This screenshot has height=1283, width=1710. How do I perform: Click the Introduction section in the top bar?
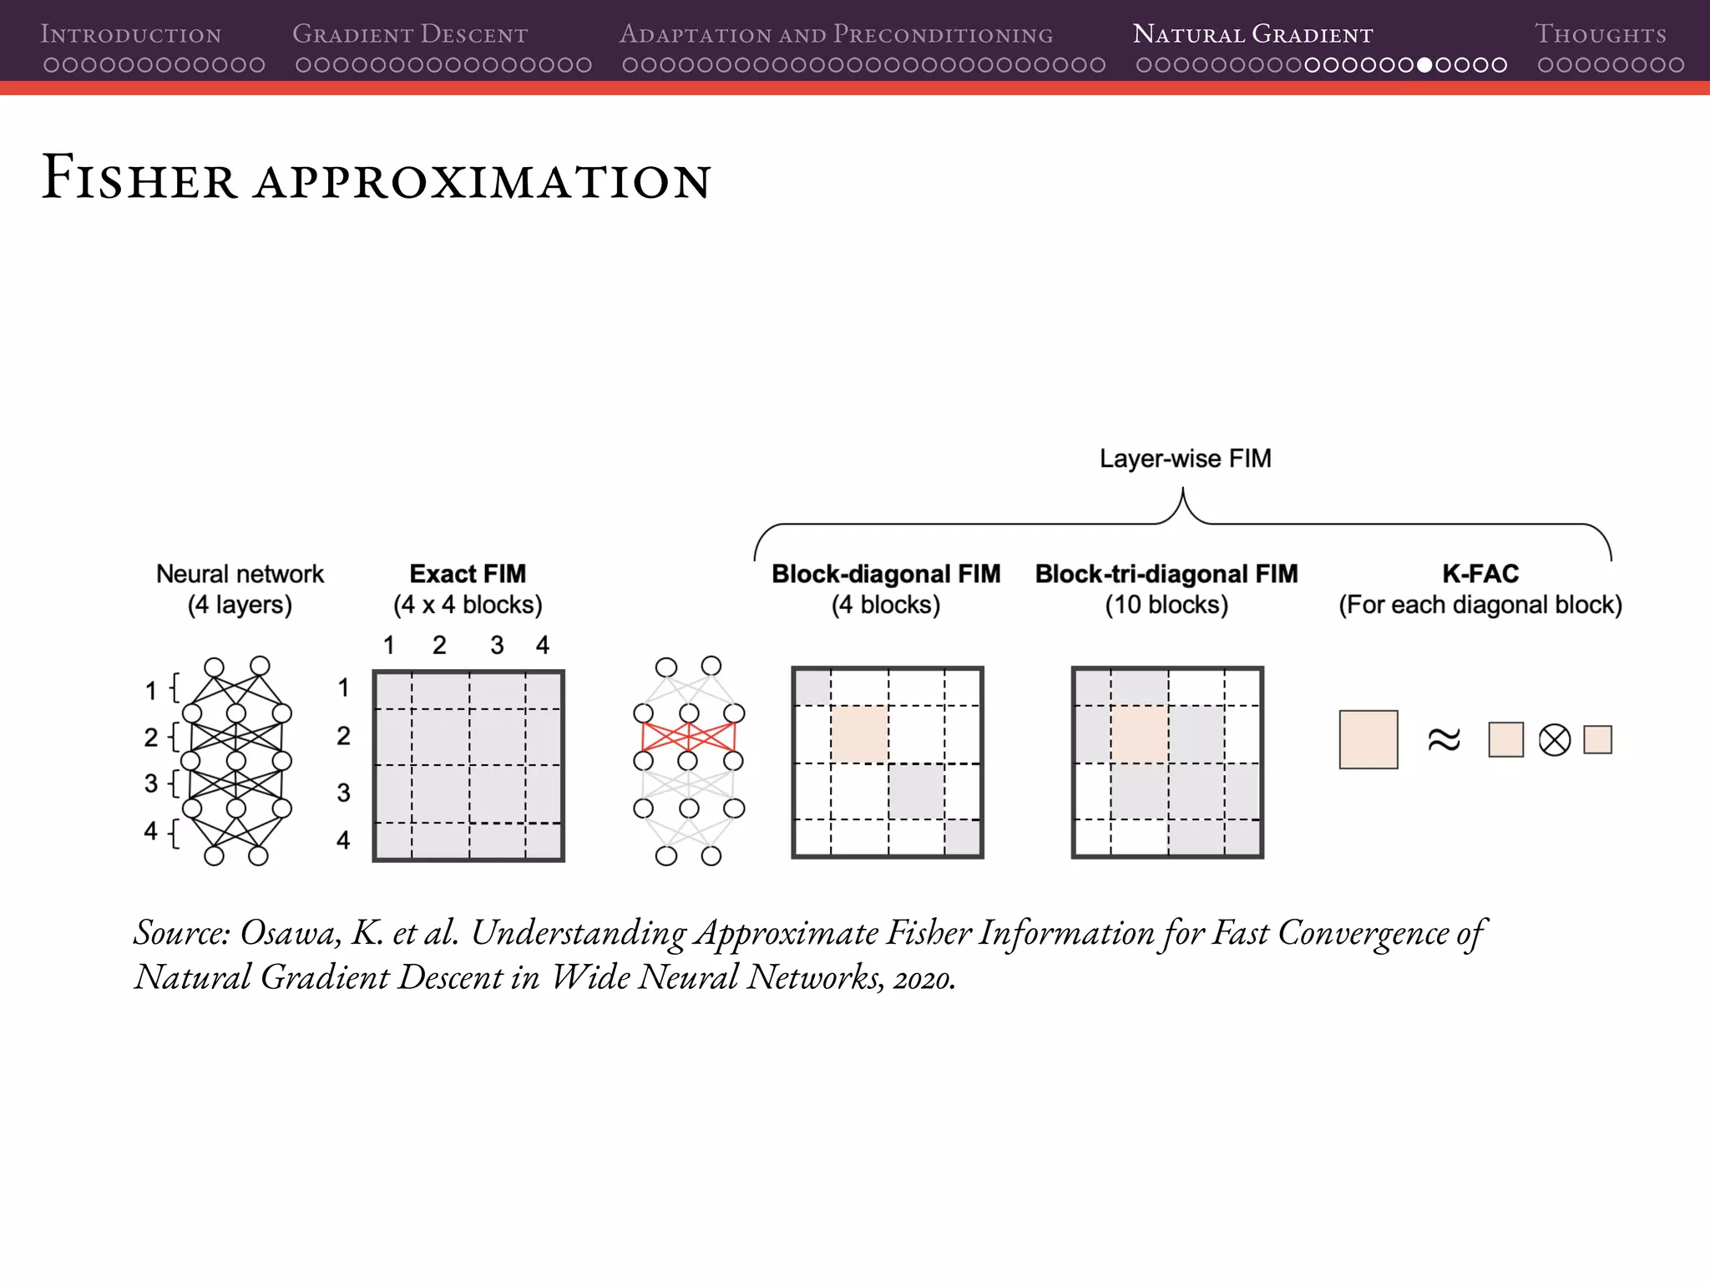pos(131,34)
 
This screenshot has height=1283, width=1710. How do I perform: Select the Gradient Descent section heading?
pos(410,34)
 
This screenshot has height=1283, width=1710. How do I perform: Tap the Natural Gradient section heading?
pos(1252,34)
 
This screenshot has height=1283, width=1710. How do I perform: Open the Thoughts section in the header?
pos(1600,34)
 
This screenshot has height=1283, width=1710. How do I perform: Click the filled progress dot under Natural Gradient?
pos(1424,65)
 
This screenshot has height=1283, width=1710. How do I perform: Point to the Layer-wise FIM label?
pos(1185,459)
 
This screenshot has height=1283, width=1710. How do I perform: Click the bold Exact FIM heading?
pos(468,574)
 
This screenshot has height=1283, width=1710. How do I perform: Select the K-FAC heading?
pos(1480,574)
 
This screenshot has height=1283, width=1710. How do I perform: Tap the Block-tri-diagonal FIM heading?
pos(1166,574)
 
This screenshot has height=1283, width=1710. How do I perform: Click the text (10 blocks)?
pos(1166,605)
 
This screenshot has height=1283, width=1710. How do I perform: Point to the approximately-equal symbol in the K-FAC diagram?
pos(1444,740)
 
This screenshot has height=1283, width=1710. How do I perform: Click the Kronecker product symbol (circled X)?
pos(1554,740)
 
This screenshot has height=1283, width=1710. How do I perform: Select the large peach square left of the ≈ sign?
pos(1368,739)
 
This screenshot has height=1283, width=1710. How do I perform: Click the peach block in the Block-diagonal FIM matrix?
pos(859,734)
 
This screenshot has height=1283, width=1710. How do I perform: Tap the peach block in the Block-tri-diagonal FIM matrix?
pos(1139,734)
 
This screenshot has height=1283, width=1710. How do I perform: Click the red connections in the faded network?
pos(688,737)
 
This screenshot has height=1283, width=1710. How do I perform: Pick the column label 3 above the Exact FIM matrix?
pos(497,645)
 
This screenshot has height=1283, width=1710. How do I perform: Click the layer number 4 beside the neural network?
pos(150,830)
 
